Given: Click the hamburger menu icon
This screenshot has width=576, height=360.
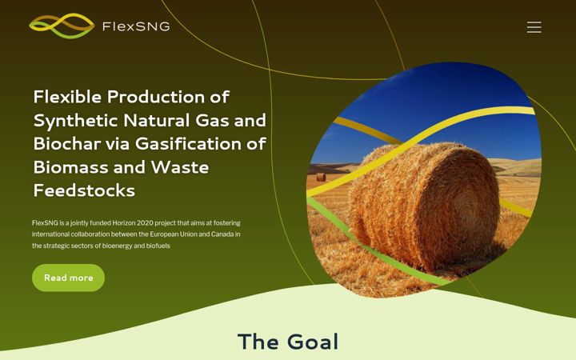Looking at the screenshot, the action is pyautogui.click(x=534, y=27).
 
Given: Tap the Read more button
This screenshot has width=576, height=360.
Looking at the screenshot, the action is pyautogui.click(x=68, y=278).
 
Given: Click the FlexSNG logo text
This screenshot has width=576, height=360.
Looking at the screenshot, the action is pyautogui.click(x=136, y=26).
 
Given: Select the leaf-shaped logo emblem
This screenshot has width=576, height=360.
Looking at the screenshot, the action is pyautogui.click(x=62, y=26).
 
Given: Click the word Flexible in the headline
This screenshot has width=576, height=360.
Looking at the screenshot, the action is pyautogui.click(x=67, y=97).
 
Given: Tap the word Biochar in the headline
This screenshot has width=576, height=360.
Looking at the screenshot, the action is pyautogui.click(x=67, y=144).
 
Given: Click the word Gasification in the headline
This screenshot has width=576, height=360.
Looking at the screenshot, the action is pyautogui.click(x=189, y=144).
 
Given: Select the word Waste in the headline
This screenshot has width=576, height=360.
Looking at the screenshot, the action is pyautogui.click(x=180, y=167).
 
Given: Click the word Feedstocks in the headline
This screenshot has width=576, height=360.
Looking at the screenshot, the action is pyautogui.click(x=84, y=190).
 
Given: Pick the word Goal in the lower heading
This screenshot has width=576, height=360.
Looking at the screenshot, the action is pyautogui.click(x=313, y=342).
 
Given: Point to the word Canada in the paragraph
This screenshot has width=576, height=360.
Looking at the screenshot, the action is pyautogui.click(x=222, y=234).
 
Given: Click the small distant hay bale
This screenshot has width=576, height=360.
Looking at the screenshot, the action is pyautogui.click(x=321, y=177).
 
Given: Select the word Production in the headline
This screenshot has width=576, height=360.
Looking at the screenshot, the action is pyautogui.click(x=157, y=97).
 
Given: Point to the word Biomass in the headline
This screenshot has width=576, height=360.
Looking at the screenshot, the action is pyautogui.click(x=71, y=167).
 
